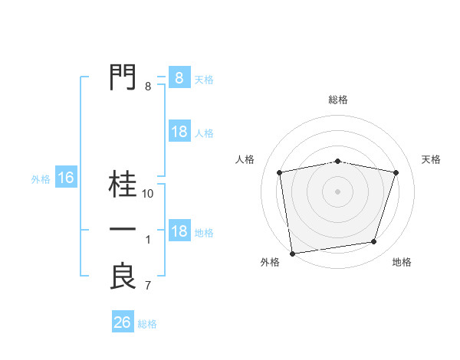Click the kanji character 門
pos(123,77)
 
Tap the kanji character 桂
pos(123,185)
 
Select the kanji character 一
pos(123,230)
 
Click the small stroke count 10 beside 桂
pos(148,194)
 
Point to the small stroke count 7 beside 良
pos(148,286)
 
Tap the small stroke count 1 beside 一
pos(148,240)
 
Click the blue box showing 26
pos(123,322)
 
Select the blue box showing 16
pos(66,178)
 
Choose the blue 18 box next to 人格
pos(179,132)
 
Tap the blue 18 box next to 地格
pos(179,231)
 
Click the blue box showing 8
pos(179,77)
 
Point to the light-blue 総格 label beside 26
pos(147,324)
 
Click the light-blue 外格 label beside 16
pos(41,179)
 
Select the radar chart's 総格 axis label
pos(337,100)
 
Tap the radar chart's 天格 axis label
pos(431,159)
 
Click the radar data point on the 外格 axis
pos(292,253)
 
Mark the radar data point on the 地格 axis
pos(374,242)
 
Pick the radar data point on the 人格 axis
pos(280,172)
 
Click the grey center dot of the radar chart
pos(337,191)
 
